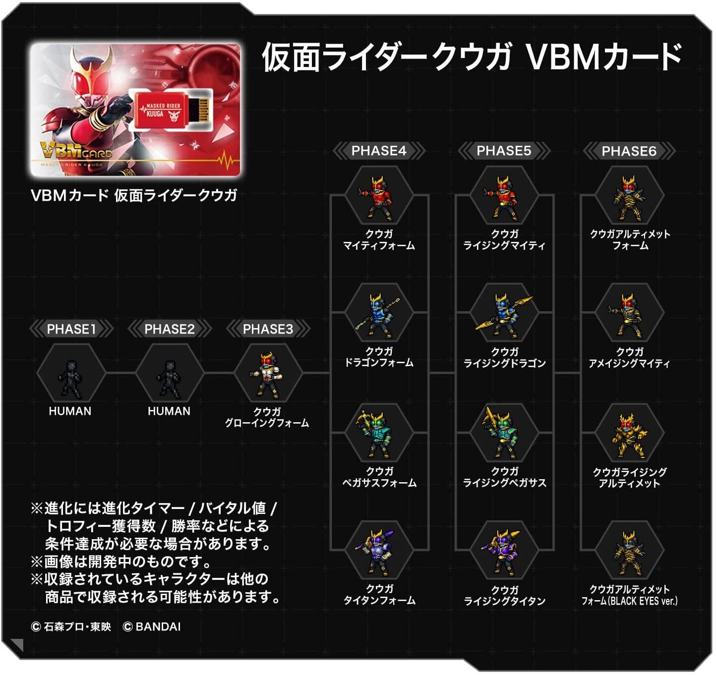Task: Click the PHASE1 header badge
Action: click(x=71, y=329)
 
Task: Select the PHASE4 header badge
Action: click(x=378, y=151)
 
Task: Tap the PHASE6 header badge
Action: click(x=629, y=151)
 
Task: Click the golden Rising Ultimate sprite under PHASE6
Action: click(x=629, y=436)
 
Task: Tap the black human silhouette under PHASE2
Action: click(x=170, y=380)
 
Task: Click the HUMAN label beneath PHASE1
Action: click(x=70, y=411)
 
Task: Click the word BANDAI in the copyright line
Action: click(x=158, y=627)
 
